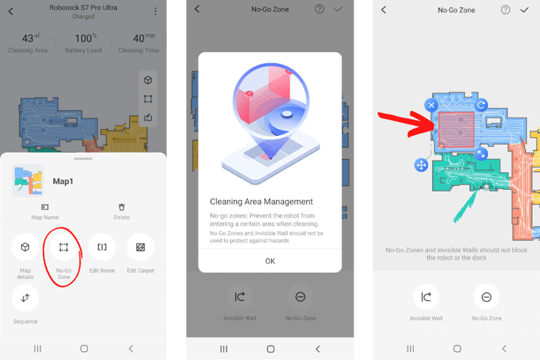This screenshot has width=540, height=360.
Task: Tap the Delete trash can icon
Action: (122, 207)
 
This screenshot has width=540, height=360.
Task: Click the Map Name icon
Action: (45, 207)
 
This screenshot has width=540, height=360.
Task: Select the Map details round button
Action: (25, 247)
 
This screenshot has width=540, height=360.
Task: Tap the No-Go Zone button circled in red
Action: (63, 247)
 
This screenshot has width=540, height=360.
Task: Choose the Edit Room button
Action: (102, 247)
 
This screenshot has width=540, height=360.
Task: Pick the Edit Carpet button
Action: (140, 247)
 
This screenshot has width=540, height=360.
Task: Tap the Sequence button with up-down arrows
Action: (25, 298)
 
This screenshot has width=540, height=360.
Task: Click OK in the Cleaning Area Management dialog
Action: (270, 261)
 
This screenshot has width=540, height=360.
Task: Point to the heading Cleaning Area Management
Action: (261, 201)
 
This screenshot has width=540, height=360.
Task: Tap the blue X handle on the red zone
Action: (431, 105)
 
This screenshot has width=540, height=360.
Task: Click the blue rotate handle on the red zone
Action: (481, 105)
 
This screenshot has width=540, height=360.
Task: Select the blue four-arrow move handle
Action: (421, 165)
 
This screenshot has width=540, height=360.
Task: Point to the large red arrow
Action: (405, 122)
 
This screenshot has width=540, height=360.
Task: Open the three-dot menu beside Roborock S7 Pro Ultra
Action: (155, 11)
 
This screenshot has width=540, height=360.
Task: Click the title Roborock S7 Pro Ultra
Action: (83, 8)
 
